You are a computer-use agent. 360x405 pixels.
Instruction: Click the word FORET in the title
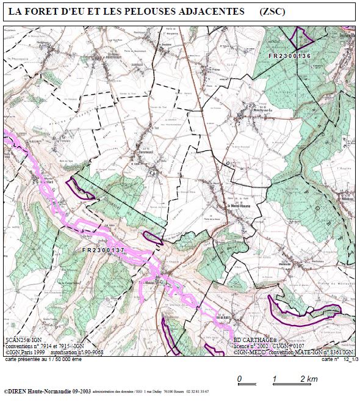pos(45,12)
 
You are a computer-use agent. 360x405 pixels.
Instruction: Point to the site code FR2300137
pos(103,250)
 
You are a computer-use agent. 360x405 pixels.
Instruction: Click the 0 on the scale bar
pos(239,379)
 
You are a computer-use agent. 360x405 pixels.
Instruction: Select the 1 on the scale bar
pos(274,379)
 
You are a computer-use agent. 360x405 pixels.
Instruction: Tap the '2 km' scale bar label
pos(309,379)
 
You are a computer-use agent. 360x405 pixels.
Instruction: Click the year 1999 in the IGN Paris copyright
pos(38,352)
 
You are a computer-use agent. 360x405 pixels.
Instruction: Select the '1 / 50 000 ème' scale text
pos(68,360)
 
